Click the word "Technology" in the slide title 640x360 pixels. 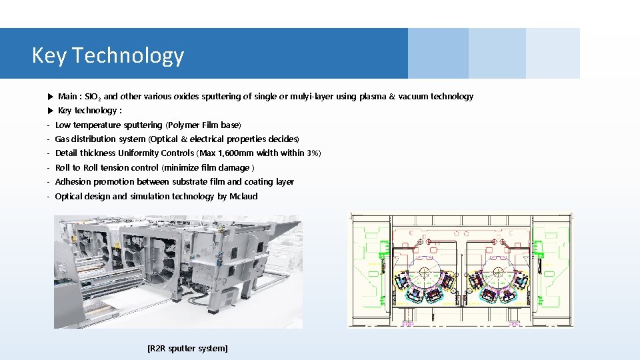[128, 55]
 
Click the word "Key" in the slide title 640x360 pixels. [49, 55]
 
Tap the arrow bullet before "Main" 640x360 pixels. [50, 97]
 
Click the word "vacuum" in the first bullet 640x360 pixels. [413, 97]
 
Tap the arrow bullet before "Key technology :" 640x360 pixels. [50, 111]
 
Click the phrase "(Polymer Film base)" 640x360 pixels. [203, 125]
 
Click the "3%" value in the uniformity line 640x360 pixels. [313, 153]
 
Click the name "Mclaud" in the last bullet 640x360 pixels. [243, 197]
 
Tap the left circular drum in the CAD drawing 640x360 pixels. [424, 271]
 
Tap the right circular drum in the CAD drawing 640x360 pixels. [498, 271]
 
